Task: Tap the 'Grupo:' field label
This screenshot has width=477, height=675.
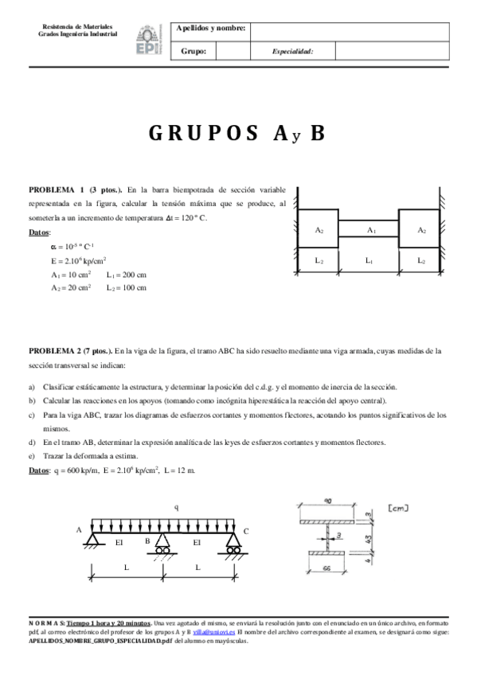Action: point(194,51)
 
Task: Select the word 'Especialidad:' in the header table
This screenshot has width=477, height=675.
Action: point(292,51)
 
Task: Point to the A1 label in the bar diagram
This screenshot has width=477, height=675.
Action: point(370,229)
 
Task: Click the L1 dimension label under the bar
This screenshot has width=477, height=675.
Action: point(369,259)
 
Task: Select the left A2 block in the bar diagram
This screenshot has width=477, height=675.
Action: point(319,230)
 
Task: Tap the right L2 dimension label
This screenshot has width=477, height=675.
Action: point(420,259)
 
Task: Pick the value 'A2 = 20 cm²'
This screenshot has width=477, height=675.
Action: point(70,287)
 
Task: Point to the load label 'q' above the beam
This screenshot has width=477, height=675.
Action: point(176,506)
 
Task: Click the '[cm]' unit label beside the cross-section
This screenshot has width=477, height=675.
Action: point(395,508)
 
